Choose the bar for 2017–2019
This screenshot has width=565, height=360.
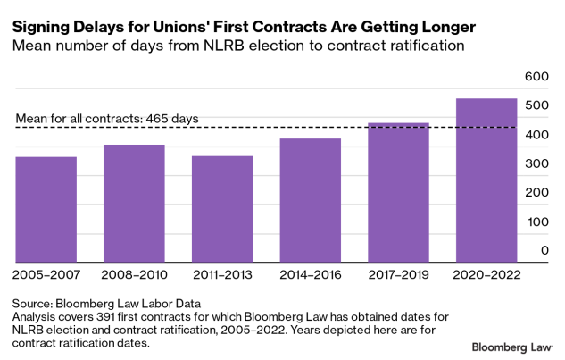click(x=398, y=191)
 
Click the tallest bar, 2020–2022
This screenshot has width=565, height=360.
click(x=486, y=179)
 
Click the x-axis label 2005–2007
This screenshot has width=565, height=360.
click(x=46, y=272)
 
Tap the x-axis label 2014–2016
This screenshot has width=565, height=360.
click(x=310, y=272)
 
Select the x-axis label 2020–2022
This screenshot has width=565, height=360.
click(x=486, y=272)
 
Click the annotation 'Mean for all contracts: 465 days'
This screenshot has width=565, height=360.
click(x=108, y=118)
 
